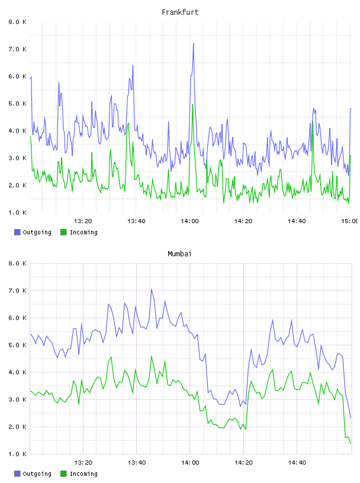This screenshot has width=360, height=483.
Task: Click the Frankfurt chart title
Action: click(x=180, y=12)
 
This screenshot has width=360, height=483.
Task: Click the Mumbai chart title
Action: click(x=179, y=254)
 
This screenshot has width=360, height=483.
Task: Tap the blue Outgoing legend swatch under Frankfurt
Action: click(x=17, y=232)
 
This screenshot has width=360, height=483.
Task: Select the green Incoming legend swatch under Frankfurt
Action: click(x=63, y=232)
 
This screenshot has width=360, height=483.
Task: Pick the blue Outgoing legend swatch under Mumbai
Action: click(x=17, y=474)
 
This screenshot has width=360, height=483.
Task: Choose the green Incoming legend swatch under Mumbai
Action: click(x=63, y=474)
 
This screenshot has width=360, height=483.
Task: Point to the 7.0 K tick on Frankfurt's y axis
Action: click(x=17, y=49)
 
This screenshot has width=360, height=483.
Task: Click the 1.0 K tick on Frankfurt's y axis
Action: click(x=17, y=212)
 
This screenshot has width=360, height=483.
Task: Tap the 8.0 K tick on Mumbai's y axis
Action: click(x=17, y=263)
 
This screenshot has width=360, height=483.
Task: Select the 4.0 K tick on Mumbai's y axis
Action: click(x=17, y=372)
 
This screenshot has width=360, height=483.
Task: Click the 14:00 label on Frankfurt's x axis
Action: click(x=189, y=221)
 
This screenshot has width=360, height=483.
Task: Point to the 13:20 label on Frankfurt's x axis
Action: click(x=83, y=221)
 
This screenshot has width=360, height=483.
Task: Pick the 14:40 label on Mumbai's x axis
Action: click(x=297, y=463)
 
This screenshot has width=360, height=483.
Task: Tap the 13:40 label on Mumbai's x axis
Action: click(x=137, y=463)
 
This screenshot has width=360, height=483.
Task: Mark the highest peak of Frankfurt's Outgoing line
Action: click(x=194, y=43)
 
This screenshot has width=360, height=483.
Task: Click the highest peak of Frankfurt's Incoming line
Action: click(x=192, y=104)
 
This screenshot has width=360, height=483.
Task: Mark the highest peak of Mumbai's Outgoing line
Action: click(x=152, y=289)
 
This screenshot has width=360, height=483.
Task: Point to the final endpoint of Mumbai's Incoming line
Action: click(x=351, y=443)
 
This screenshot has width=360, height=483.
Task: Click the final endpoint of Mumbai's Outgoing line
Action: click(x=351, y=418)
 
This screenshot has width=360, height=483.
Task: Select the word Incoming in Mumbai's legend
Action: click(x=83, y=474)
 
